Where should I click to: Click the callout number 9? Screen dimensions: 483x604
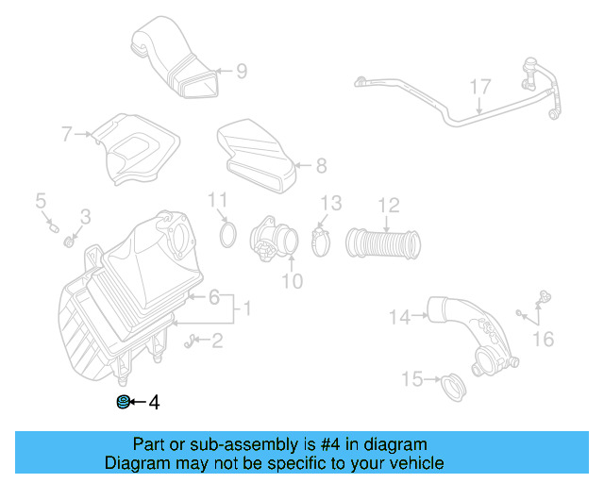(242, 70)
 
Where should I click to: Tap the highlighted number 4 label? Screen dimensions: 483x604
(153, 403)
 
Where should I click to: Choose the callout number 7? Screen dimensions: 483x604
(68, 135)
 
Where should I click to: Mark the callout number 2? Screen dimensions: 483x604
(217, 341)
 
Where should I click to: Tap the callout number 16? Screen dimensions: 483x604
(544, 337)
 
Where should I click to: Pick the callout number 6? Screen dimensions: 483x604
(215, 298)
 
